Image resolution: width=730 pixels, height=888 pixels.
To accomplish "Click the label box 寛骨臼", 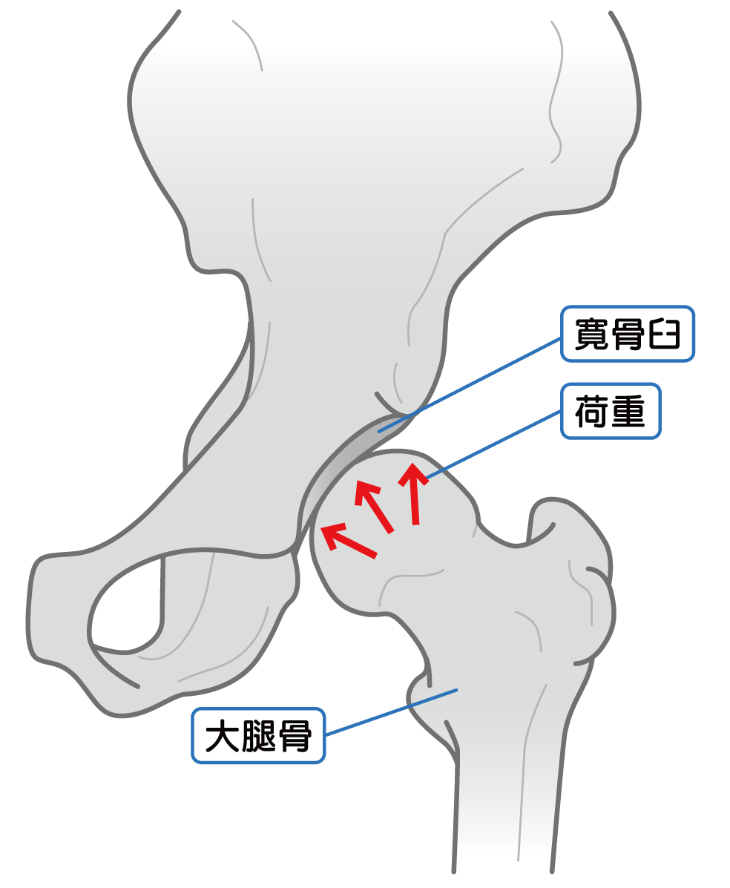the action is (x=627, y=334).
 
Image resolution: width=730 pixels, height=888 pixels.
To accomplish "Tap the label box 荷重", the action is (x=611, y=411).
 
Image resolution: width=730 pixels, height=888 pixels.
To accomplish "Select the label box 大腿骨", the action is (x=258, y=736).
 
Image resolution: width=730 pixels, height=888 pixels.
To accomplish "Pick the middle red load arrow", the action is (x=373, y=506).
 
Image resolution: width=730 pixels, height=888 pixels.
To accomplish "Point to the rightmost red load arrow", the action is (x=413, y=493).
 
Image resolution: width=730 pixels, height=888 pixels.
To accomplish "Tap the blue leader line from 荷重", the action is (x=493, y=445).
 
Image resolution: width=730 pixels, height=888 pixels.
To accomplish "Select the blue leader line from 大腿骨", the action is (x=391, y=712).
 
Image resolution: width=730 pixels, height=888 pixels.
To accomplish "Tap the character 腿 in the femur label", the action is (x=258, y=736).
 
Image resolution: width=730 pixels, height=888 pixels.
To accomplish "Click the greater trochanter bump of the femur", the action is (x=572, y=566).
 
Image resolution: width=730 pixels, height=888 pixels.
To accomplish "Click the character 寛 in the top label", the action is (x=592, y=334).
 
